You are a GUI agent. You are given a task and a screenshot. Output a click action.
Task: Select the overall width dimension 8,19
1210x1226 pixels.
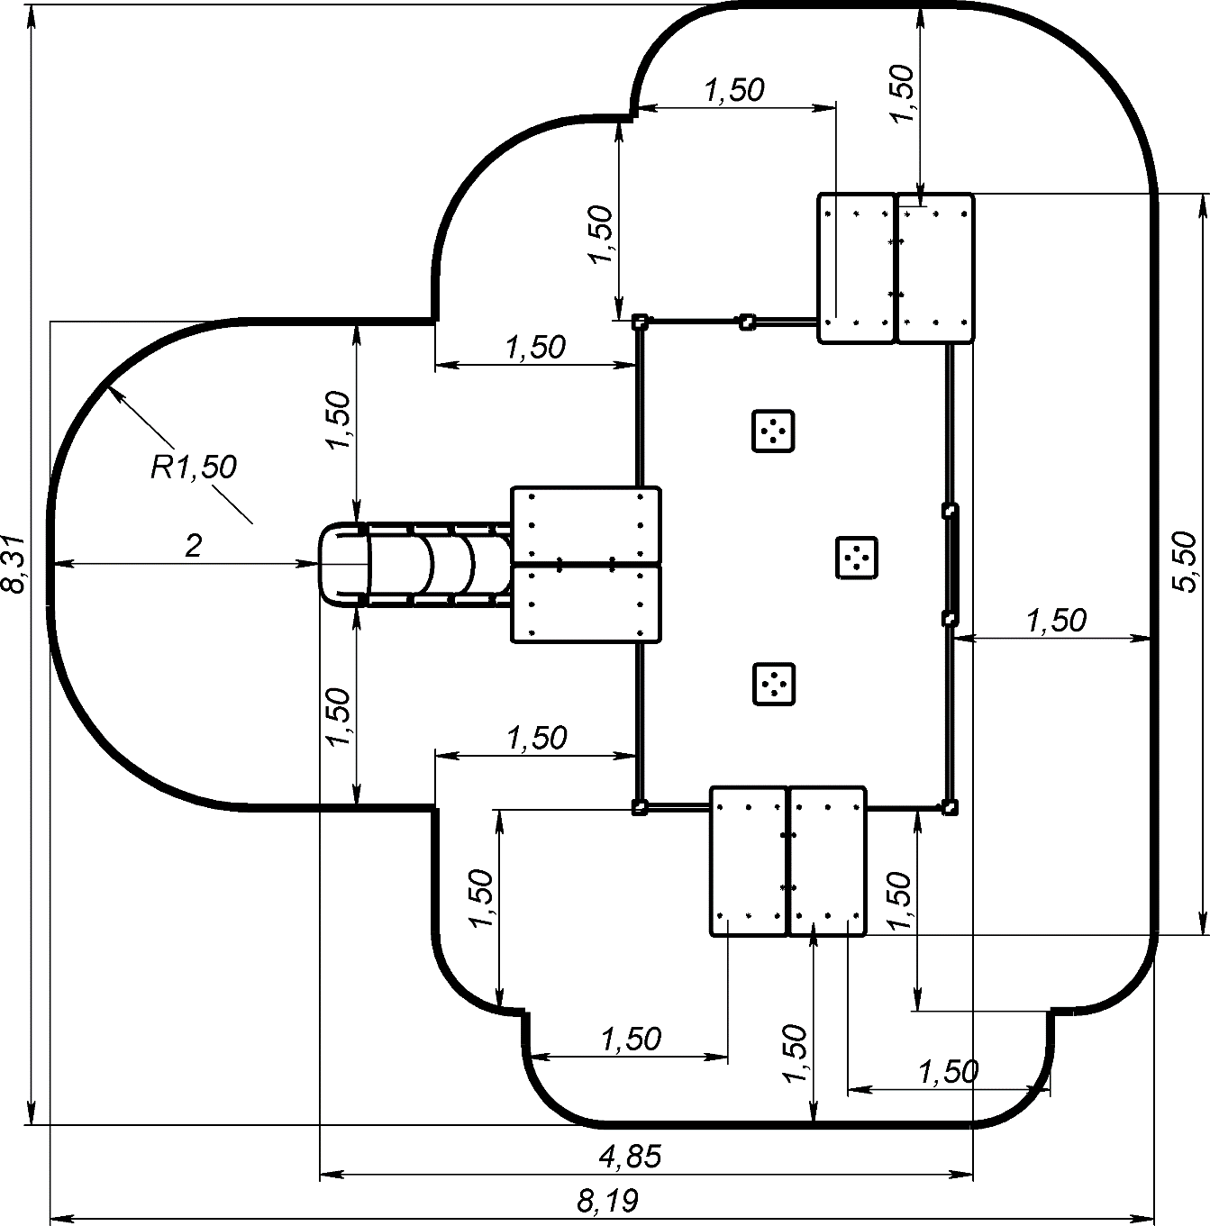click(x=607, y=1200)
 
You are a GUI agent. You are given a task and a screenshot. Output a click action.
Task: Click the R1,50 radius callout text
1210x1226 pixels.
click(x=193, y=467)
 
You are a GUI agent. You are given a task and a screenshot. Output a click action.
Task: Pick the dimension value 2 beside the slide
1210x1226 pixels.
click(x=193, y=546)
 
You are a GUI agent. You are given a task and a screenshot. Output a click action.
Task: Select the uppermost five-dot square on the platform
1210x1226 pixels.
click(x=773, y=431)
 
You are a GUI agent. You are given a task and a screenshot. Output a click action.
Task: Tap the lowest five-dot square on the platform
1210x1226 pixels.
click(x=773, y=684)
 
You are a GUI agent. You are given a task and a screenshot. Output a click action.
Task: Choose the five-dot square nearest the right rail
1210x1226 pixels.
click(x=857, y=557)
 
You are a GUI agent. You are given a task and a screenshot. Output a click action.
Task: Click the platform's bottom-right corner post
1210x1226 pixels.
click(x=949, y=806)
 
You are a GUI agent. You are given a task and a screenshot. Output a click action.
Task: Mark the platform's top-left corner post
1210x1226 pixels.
click(x=639, y=322)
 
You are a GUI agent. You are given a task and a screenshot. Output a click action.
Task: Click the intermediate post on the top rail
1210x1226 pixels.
click(x=747, y=322)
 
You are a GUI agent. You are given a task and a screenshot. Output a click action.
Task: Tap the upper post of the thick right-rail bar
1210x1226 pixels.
click(x=949, y=511)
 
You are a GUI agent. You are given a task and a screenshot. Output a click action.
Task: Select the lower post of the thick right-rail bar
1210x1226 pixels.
click(x=949, y=619)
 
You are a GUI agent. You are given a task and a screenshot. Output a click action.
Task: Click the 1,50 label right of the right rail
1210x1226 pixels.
click(x=1056, y=620)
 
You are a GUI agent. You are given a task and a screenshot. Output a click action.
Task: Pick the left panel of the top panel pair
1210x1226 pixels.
click(x=856, y=268)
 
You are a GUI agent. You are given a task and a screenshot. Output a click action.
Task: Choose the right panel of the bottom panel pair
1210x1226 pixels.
click(x=827, y=861)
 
